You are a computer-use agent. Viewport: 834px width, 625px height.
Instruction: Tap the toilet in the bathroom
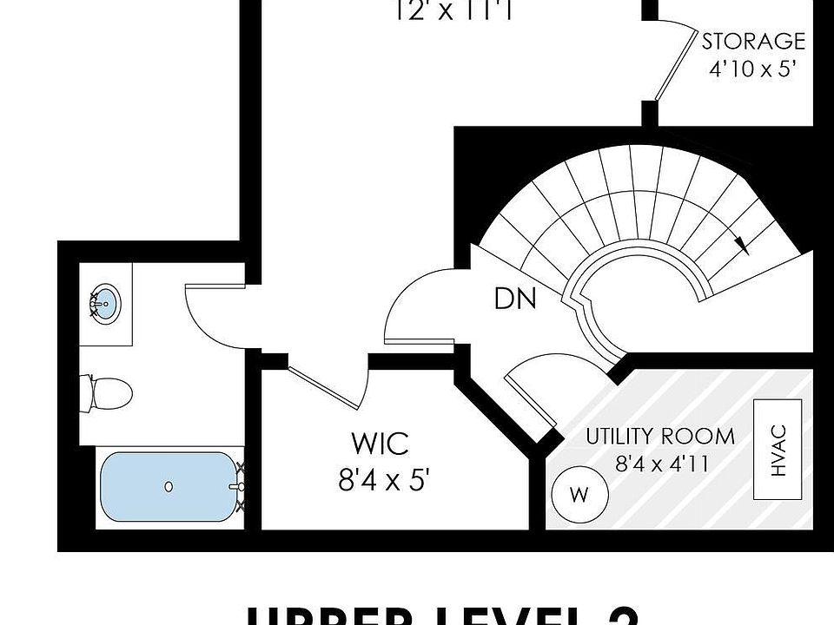pyautogui.click(x=108, y=393)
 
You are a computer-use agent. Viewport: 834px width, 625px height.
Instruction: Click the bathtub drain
pyautogui.click(x=169, y=487)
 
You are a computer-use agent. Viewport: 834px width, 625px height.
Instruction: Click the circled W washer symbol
pyautogui.click(x=578, y=495)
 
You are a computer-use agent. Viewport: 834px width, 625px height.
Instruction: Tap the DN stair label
pyautogui.click(x=515, y=299)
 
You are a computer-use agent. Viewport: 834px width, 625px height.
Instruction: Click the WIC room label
pyautogui.click(x=380, y=444)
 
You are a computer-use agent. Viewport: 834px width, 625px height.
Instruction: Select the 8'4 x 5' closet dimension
pyautogui.click(x=384, y=480)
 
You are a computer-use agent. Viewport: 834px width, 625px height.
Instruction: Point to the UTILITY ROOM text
pyautogui.click(x=659, y=436)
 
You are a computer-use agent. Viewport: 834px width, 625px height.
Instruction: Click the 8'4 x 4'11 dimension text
pyautogui.click(x=661, y=464)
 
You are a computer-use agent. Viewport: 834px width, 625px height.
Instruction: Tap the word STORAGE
pyautogui.click(x=753, y=41)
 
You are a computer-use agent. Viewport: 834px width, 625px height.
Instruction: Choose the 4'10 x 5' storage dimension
pyautogui.click(x=753, y=69)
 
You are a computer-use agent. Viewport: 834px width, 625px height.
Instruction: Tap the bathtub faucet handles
pyautogui.click(x=241, y=487)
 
